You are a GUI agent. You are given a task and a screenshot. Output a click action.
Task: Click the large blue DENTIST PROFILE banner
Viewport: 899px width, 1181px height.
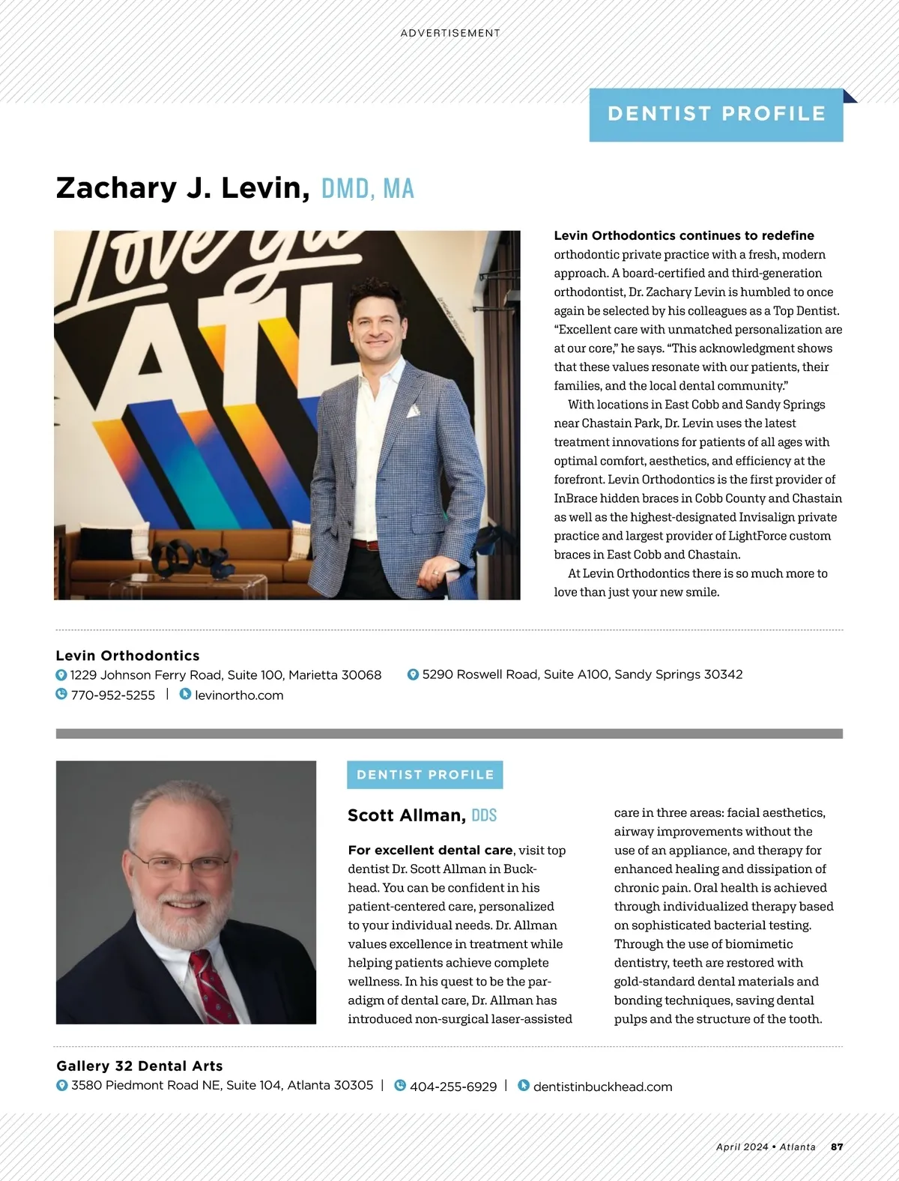[x=716, y=115]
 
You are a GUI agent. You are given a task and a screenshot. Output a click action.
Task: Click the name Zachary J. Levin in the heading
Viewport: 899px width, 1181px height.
[x=183, y=188]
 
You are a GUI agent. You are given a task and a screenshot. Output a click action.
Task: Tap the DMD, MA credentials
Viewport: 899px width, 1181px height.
[x=367, y=189]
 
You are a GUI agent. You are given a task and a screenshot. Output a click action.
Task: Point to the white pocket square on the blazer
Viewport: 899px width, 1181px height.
[x=413, y=411]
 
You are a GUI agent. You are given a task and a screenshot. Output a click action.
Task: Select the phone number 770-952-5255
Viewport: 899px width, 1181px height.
[x=112, y=695]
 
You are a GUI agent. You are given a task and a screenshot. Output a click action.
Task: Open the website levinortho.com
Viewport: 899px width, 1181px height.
[x=238, y=695]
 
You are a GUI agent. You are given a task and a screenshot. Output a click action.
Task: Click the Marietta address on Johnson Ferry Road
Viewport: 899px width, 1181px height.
[x=225, y=675]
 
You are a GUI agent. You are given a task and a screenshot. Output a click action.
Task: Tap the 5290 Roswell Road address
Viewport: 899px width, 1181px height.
[x=582, y=674]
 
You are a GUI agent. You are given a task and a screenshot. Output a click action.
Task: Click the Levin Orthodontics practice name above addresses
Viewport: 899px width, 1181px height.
[x=127, y=656]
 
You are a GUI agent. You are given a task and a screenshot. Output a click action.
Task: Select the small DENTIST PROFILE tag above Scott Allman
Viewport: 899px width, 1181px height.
[x=425, y=775]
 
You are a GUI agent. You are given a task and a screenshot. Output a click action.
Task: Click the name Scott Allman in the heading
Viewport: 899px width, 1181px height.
[x=406, y=815]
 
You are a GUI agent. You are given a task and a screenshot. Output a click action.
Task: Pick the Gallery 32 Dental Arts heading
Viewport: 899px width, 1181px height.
[x=139, y=1066]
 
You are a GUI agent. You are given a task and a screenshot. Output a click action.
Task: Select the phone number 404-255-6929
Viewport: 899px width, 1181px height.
[x=452, y=1087]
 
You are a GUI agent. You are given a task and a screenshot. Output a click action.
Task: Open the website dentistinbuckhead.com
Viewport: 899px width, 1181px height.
[x=602, y=1087]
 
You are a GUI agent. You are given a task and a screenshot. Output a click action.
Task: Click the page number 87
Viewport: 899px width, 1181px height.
[x=837, y=1147]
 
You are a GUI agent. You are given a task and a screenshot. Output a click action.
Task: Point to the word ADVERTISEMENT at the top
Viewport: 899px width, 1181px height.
[x=449, y=33]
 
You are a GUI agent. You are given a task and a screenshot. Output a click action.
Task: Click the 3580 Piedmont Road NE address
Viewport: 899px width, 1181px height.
[x=222, y=1086]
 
